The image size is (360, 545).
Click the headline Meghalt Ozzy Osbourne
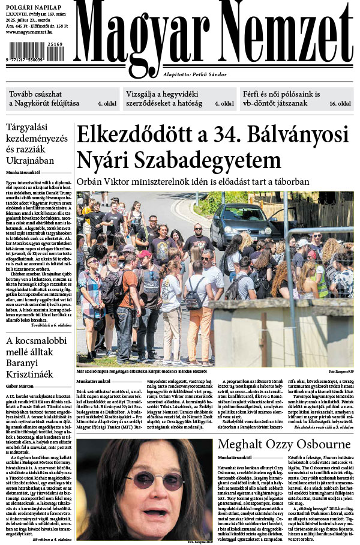coord(284,445)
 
